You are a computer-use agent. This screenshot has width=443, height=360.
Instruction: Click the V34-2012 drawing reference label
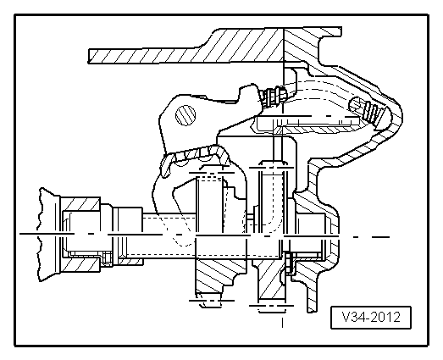(370, 318)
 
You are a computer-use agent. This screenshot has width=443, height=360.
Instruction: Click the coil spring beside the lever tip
(273, 98)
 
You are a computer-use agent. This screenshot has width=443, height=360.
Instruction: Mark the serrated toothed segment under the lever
(199, 154)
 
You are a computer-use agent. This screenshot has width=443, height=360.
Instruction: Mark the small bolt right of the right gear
(291, 263)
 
